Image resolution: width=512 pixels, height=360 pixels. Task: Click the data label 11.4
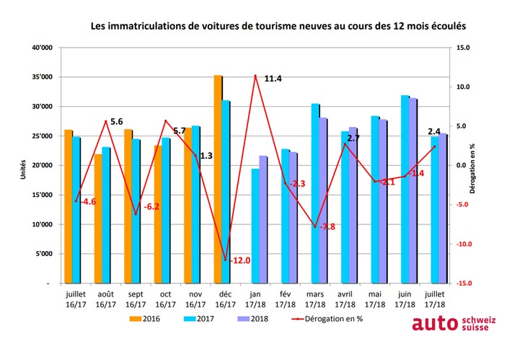point(273,78)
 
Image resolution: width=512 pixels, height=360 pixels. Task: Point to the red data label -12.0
point(240,260)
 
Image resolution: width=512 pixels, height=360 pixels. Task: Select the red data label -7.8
point(326,227)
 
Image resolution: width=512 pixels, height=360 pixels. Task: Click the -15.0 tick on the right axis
point(464,284)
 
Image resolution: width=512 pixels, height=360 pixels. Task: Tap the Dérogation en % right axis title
point(492,166)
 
